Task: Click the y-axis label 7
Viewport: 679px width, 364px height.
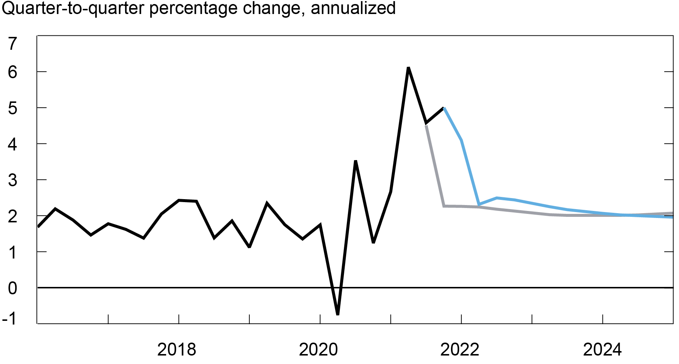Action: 13,44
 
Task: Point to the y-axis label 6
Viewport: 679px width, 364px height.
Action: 13,72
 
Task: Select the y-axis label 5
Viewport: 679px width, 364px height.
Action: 13,108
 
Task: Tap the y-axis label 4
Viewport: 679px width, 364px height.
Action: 13,144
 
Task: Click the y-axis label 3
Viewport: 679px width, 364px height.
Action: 13,180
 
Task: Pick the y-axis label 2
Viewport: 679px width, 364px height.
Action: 13,216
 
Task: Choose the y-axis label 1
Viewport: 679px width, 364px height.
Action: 13,252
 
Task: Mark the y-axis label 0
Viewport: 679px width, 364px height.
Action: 13,288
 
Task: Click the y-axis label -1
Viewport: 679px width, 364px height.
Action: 10,318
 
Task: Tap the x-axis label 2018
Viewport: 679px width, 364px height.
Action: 176,349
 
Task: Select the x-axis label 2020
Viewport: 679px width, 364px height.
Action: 318,349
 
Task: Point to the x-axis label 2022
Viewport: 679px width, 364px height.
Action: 459,349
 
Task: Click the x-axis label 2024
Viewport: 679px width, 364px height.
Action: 602,349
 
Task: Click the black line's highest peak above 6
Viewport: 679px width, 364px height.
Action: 408,68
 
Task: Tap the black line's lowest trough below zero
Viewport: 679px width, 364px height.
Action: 338,314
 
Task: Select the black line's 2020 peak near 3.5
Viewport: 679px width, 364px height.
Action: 355,161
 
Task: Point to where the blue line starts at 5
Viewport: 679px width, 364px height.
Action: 444,108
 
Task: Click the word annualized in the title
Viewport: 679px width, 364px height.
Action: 353,8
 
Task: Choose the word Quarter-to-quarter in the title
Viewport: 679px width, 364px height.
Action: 73,8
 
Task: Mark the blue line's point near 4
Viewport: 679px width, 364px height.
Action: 462,141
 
